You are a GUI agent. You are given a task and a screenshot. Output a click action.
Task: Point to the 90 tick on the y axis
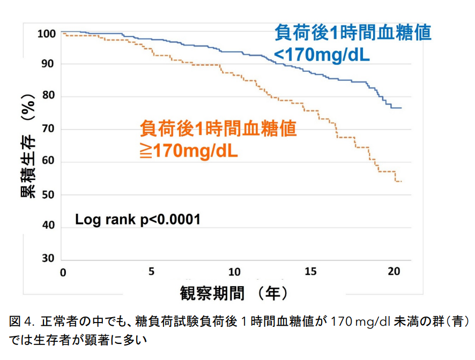point(47,64)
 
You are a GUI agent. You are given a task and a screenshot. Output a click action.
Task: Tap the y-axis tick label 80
point(47,97)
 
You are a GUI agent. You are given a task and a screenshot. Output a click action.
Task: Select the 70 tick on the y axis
point(47,130)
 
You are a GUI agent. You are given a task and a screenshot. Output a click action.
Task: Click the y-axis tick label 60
point(47,162)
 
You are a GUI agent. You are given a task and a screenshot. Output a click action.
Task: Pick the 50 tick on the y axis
point(47,195)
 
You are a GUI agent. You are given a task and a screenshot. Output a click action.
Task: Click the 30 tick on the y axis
point(47,259)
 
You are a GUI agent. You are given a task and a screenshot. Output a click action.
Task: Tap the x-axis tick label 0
point(63,273)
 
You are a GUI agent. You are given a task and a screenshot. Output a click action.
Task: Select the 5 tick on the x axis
point(151,272)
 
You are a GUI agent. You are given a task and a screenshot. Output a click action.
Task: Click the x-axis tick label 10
point(234,272)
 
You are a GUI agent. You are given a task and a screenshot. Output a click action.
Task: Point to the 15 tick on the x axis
point(311,272)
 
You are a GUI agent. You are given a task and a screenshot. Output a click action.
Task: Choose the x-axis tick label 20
point(394,272)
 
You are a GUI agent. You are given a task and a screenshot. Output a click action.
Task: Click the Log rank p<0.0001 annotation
point(138,220)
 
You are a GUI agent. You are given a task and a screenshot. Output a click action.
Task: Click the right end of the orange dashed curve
point(402,182)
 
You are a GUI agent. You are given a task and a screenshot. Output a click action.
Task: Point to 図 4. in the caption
point(22,322)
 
